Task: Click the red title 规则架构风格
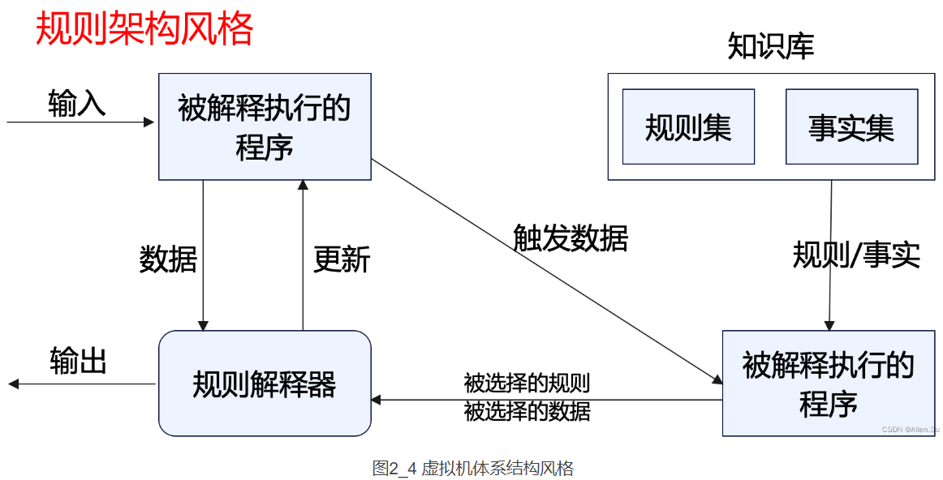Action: (x=144, y=29)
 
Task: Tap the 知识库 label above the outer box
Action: (x=770, y=47)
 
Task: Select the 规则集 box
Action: (x=688, y=127)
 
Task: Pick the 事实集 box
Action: (x=851, y=127)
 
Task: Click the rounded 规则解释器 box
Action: (x=265, y=384)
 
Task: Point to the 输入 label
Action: (x=77, y=104)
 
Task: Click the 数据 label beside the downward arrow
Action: (x=168, y=259)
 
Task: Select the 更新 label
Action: (x=342, y=259)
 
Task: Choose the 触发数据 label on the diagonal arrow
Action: (x=571, y=238)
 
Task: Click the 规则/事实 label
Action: (x=856, y=255)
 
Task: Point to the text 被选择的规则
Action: (x=527, y=383)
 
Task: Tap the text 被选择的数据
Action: (x=527, y=411)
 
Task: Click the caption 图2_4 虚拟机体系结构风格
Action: (x=472, y=468)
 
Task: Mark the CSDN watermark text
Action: (x=910, y=429)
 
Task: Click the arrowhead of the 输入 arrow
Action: (x=149, y=122)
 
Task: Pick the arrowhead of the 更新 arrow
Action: (x=303, y=186)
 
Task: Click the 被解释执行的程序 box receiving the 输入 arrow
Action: (x=265, y=126)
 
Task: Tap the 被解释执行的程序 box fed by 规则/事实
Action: (x=828, y=384)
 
